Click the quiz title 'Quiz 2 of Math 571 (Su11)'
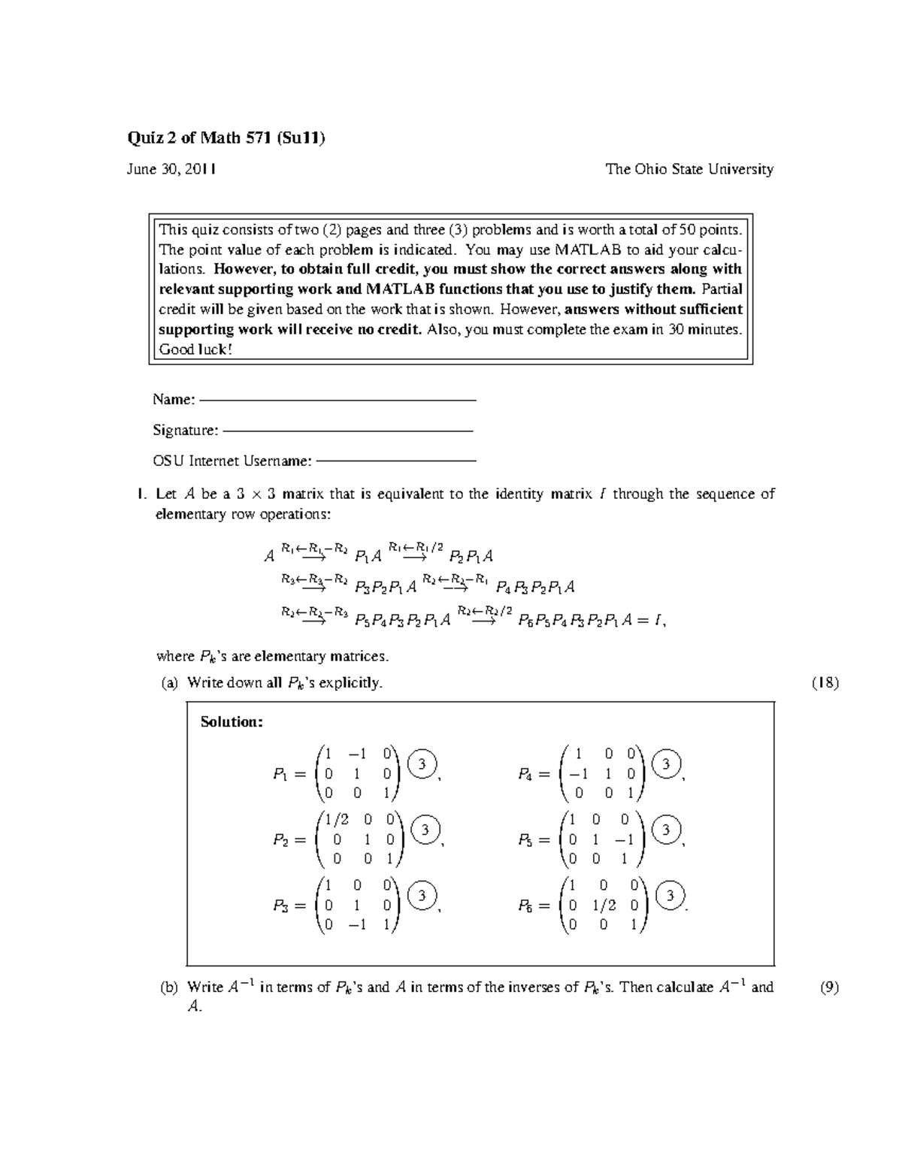(225, 138)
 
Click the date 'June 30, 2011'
(171, 169)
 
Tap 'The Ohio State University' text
(689, 169)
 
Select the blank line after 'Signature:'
(348, 431)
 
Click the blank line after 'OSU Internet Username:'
(396, 461)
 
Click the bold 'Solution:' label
(232, 722)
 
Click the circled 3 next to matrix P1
(422, 764)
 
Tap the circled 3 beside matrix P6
(670, 895)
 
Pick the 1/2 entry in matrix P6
(604, 905)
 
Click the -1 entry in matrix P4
(577, 774)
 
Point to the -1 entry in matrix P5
(624, 840)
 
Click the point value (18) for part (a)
(825, 683)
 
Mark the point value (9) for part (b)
(828, 987)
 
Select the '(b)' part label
(168, 987)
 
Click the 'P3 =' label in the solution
(289, 906)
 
